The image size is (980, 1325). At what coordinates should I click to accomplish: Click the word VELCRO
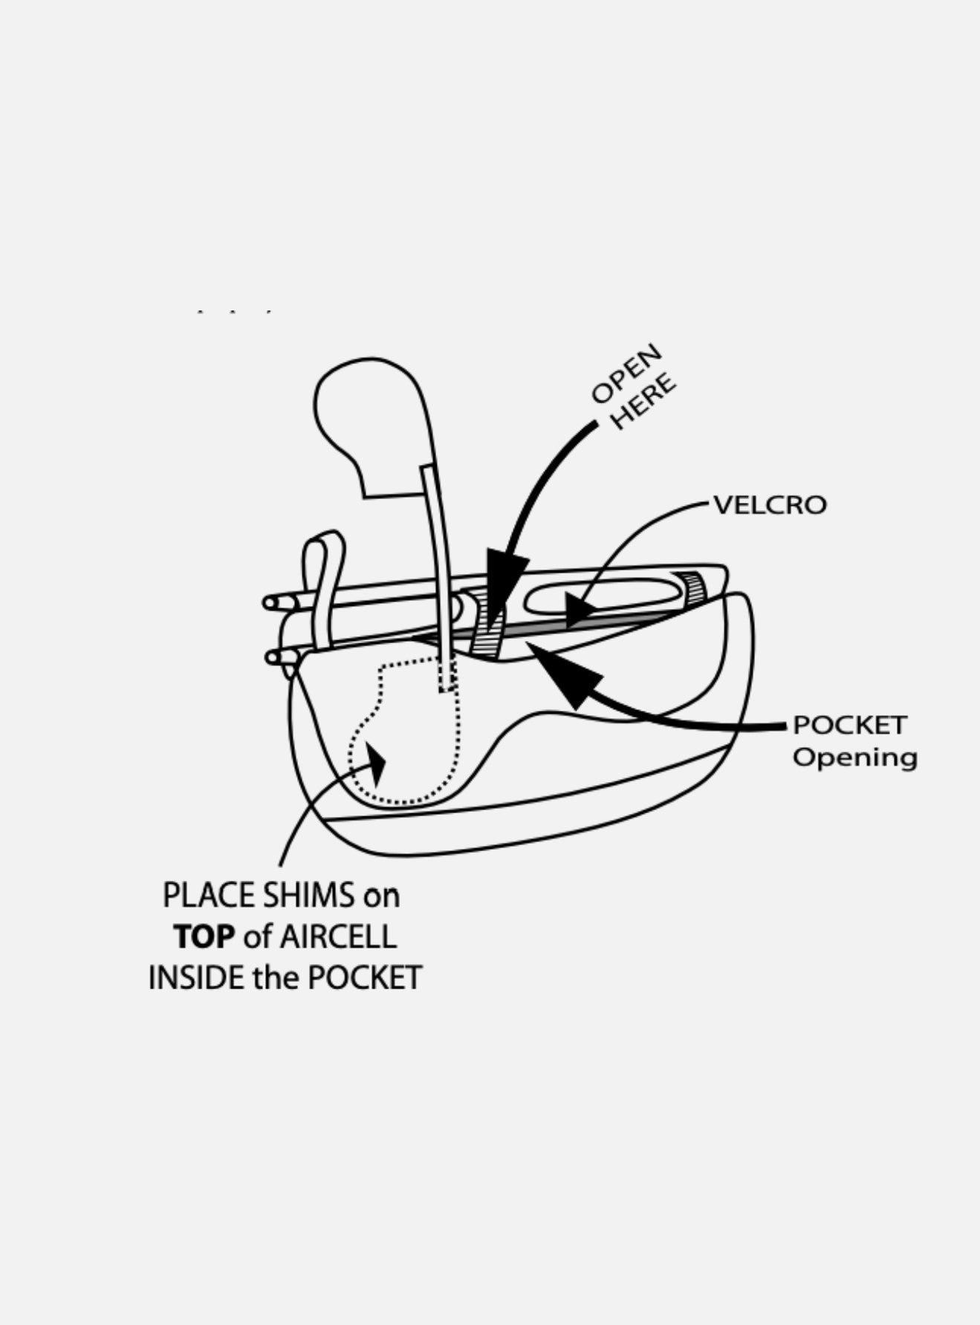(x=770, y=505)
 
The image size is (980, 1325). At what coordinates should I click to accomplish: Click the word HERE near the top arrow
(x=646, y=402)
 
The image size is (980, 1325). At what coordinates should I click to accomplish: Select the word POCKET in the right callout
(x=849, y=725)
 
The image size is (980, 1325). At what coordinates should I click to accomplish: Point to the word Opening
(x=854, y=758)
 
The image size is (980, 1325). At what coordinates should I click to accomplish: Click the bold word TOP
(x=204, y=937)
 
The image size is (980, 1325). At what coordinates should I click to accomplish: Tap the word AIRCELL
(x=338, y=937)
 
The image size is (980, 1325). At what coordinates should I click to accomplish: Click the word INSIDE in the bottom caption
(x=196, y=977)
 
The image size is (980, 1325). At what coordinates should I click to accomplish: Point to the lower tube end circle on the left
(x=272, y=657)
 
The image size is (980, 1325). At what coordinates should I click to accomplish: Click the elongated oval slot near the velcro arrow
(x=602, y=596)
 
